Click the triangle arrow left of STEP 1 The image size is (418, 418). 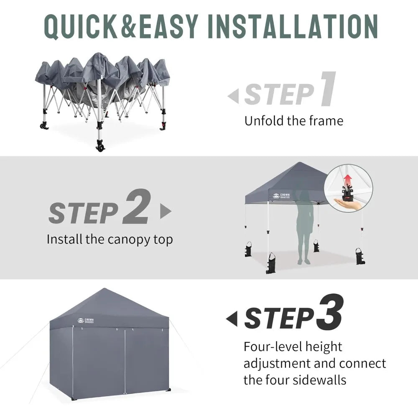[233, 97]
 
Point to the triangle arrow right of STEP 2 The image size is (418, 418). [166, 211]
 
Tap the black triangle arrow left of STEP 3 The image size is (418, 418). [232, 319]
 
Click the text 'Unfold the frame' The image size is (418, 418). [293, 121]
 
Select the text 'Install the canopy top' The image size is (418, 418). [110, 240]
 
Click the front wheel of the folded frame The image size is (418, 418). [100, 146]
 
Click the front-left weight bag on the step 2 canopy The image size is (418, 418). [271, 263]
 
